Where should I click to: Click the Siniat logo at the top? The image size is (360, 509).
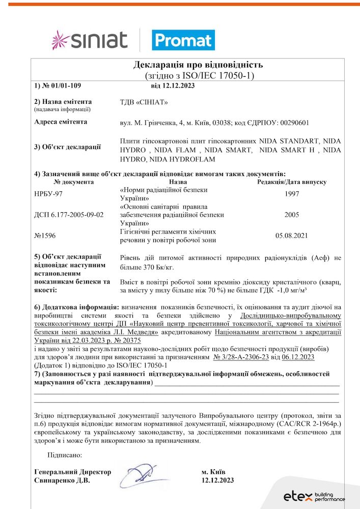[x=90, y=40]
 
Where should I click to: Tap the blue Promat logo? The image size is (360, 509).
[x=183, y=40]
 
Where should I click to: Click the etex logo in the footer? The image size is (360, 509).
[x=314, y=496]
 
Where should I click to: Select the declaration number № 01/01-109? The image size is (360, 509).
[x=61, y=86]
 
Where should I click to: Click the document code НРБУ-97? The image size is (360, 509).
[x=48, y=193]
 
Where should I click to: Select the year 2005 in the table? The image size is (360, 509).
[x=292, y=215]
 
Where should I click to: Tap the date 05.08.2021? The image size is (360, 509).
[x=292, y=236]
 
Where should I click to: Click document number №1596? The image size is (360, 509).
[x=44, y=236]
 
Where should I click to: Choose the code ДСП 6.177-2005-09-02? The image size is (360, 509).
[x=69, y=215]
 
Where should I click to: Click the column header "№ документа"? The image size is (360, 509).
[x=74, y=182]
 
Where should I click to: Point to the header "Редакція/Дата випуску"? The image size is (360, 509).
[x=292, y=182]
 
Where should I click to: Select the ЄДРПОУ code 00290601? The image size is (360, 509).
[x=290, y=122]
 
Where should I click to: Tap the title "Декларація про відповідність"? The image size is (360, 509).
[x=198, y=65]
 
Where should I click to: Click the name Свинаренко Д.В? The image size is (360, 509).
[x=62, y=480]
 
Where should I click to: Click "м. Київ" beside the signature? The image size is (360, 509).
[x=213, y=471]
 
